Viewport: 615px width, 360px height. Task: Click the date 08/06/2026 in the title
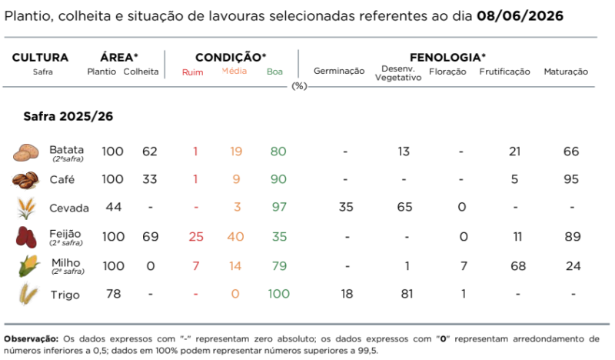(x=520, y=16)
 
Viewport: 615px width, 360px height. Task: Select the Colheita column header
(x=141, y=72)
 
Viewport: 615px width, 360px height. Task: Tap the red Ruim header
(x=193, y=72)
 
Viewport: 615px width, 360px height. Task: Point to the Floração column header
(x=447, y=72)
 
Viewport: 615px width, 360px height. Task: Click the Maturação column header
(x=566, y=72)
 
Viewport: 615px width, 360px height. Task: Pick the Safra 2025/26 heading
(x=68, y=116)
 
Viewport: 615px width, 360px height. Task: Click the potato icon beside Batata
(x=26, y=152)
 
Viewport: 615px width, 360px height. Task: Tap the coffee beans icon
(x=25, y=180)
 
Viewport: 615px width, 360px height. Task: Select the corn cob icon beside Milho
(x=28, y=266)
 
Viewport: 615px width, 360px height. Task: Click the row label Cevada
(x=69, y=208)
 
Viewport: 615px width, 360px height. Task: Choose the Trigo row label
(x=65, y=295)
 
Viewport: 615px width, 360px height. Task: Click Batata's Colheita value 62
(x=149, y=152)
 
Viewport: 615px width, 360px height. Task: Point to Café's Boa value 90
(x=278, y=179)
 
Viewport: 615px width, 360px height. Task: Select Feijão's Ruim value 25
(x=196, y=237)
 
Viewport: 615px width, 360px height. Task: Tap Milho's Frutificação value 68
(x=517, y=266)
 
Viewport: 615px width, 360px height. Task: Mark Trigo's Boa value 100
(x=278, y=294)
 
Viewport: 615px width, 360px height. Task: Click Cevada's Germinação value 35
(x=346, y=207)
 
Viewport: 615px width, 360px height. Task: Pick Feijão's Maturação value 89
(x=573, y=237)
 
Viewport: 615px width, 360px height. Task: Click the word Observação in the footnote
(x=31, y=338)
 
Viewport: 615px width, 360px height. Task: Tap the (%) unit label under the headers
(x=299, y=86)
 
